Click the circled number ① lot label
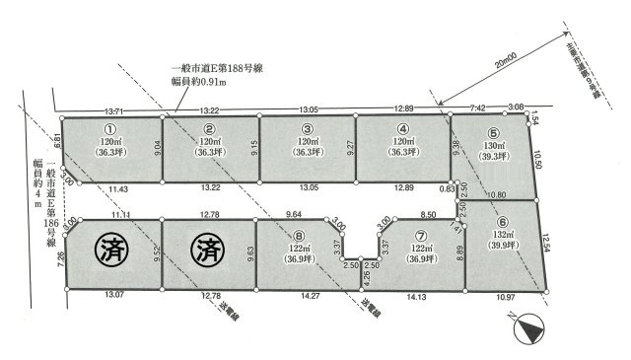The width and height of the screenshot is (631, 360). click(x=110, y=128)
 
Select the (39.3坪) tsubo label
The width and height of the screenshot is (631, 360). click(x=494, y=157)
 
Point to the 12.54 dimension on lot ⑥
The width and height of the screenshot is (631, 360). click(x=548, y=243)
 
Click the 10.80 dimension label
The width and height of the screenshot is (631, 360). click(x=497, y=195)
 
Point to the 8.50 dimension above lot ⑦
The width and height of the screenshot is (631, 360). click(x=428, y=214)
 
